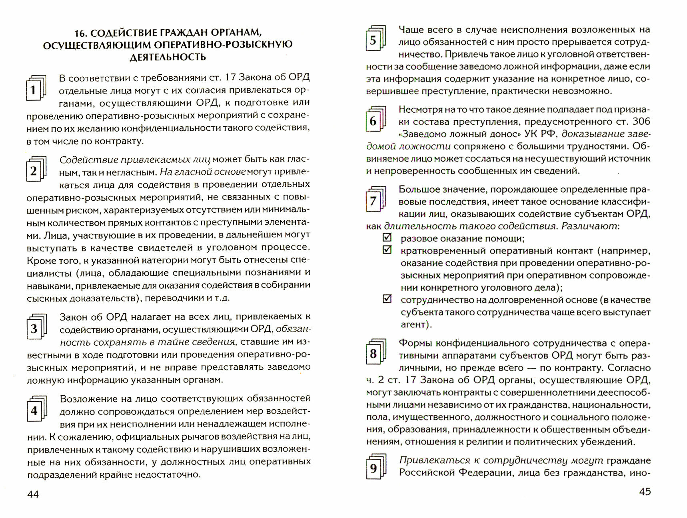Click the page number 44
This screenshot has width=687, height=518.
point(33,494)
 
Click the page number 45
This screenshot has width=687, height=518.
point(645,492)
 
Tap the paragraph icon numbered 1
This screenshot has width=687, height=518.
point(35,88)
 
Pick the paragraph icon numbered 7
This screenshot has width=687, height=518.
point(375,199)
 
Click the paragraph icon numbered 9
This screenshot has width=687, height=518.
point(375,467)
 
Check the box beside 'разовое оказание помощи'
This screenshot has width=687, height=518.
point(387,237)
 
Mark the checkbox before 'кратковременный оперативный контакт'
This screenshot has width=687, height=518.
point(387,250)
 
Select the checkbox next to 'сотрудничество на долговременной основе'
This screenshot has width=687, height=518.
point(387,299)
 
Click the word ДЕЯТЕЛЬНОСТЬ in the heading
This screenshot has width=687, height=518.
point(168,58)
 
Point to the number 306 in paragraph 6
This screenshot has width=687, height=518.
point(641,122)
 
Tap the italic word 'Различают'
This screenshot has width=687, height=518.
point(589,226)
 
